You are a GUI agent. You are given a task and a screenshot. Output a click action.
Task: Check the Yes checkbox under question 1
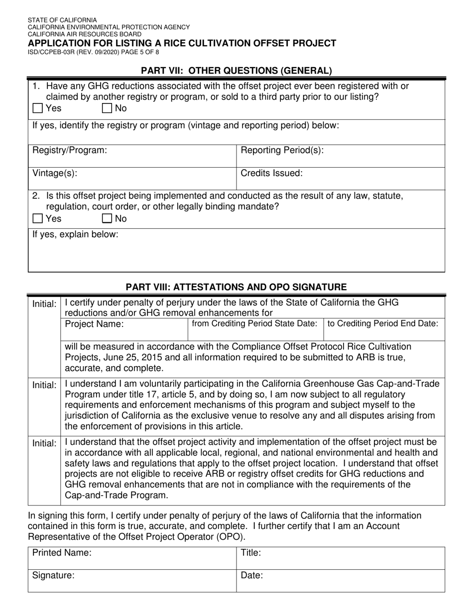pos(37,108)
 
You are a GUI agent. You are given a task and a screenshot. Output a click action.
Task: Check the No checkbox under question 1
pos(107,108)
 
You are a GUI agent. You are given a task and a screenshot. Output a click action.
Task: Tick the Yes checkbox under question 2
pos(37,218)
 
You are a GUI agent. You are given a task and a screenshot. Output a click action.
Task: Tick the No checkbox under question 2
pos(107,218)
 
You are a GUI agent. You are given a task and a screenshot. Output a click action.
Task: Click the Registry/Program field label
pos(69,150)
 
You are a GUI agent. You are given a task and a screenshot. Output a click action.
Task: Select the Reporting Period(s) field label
pos(282,150)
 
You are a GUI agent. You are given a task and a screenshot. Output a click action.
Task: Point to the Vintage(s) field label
pos(55,173)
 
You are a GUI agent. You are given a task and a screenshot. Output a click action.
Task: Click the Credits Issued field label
pos(271,173)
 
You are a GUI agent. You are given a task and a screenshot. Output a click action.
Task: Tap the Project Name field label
pos(95,324)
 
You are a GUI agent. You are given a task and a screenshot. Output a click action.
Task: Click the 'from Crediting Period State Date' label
pos(254,323)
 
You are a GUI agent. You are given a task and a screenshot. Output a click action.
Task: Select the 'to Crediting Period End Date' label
pos(383,323)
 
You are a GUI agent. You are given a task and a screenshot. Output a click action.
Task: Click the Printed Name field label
pos(62,553)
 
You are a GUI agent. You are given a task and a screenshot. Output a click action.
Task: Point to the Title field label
pos(251,553)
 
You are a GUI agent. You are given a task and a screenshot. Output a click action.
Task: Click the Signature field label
pos(53,576)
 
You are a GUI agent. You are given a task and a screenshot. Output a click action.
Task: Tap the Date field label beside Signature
pos(252,576)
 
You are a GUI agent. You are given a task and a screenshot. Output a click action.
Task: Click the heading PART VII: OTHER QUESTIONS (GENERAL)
pos(236,71)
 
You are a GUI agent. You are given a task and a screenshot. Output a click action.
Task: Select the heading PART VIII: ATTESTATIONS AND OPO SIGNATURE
pos(236,287)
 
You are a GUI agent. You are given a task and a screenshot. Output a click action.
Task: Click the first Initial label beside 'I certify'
pos(44,304)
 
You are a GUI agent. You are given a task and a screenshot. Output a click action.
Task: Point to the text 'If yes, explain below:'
pos(75,234)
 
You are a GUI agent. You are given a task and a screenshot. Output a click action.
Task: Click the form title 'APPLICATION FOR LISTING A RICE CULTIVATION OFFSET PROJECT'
pos(182,43)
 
